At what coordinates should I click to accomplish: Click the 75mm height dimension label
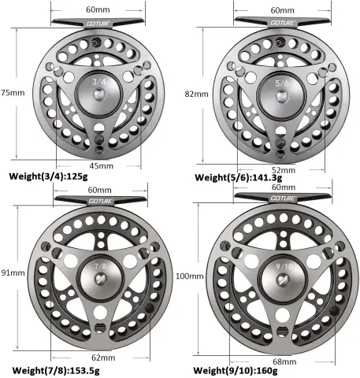coord(13,93)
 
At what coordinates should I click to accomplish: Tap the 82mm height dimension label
coord(197,94)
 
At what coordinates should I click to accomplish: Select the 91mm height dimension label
coord(13,272)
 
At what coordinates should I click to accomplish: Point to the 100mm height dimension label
coord(190,276)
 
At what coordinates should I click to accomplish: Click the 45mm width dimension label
coord(102,166)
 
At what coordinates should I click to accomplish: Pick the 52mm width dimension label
coord(284,170)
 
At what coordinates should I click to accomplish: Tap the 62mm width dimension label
coord(103,358)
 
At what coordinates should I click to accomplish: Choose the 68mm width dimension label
coord(284,361)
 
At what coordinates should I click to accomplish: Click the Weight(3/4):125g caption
coord(48,176)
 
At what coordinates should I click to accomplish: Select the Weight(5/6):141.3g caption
coord(239,178)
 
